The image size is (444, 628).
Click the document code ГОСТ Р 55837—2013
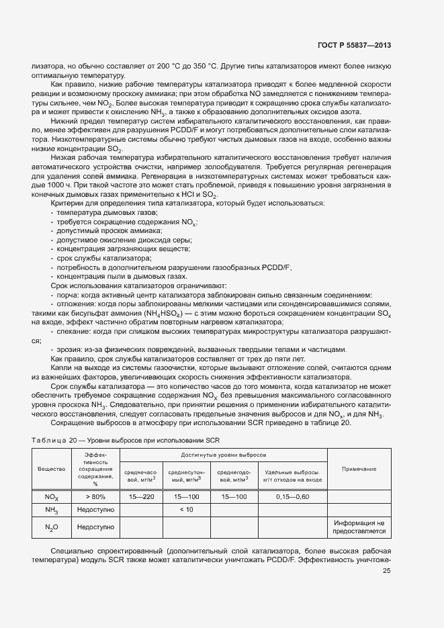click(353, 46)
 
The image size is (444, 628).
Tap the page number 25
click(386, 571)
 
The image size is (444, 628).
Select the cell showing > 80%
click(95, 496)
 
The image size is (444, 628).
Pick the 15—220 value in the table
click(142, 496)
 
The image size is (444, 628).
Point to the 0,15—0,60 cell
click(292, 496)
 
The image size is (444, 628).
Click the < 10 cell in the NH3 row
click(187, 510)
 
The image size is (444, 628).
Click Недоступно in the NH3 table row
click(95, 510)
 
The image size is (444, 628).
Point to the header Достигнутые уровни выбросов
click(223, 455)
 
